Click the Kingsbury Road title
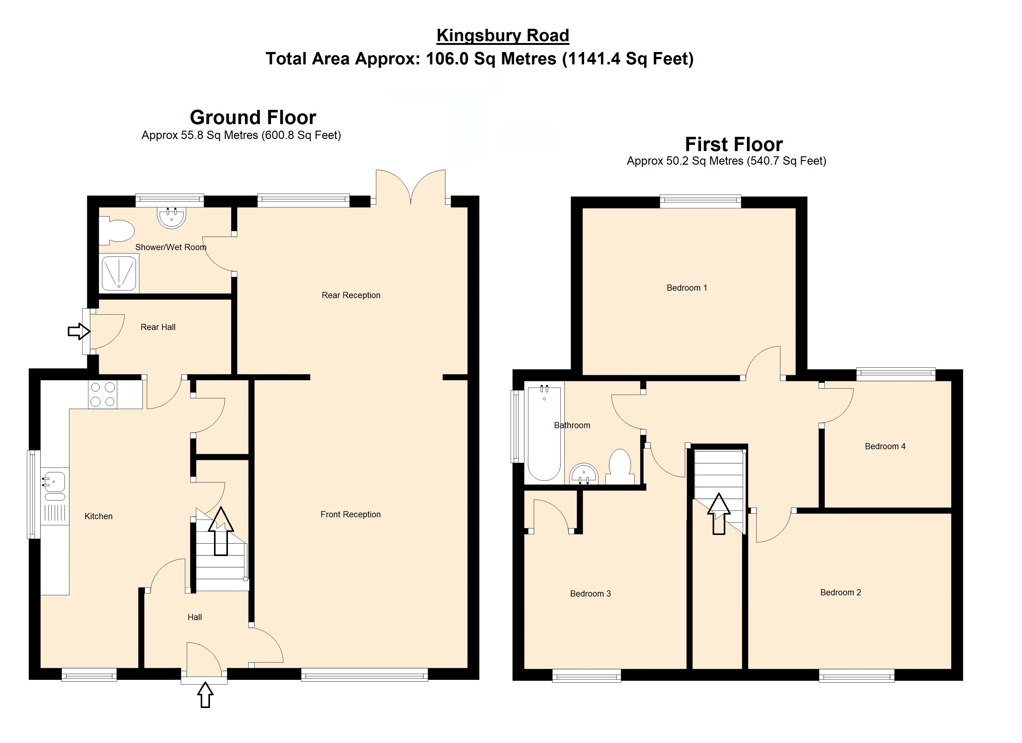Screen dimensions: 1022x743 [503, 36]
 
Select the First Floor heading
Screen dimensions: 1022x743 [734, 145]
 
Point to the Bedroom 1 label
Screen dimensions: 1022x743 [687, 288]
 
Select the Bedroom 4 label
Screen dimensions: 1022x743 [885, 446]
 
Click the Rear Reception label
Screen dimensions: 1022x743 [351, 295]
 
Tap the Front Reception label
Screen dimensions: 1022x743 [351, 514]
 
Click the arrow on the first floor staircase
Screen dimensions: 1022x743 [719, 514]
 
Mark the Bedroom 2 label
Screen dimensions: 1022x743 [841, 593]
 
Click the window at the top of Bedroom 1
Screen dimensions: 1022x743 [700, 202]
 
